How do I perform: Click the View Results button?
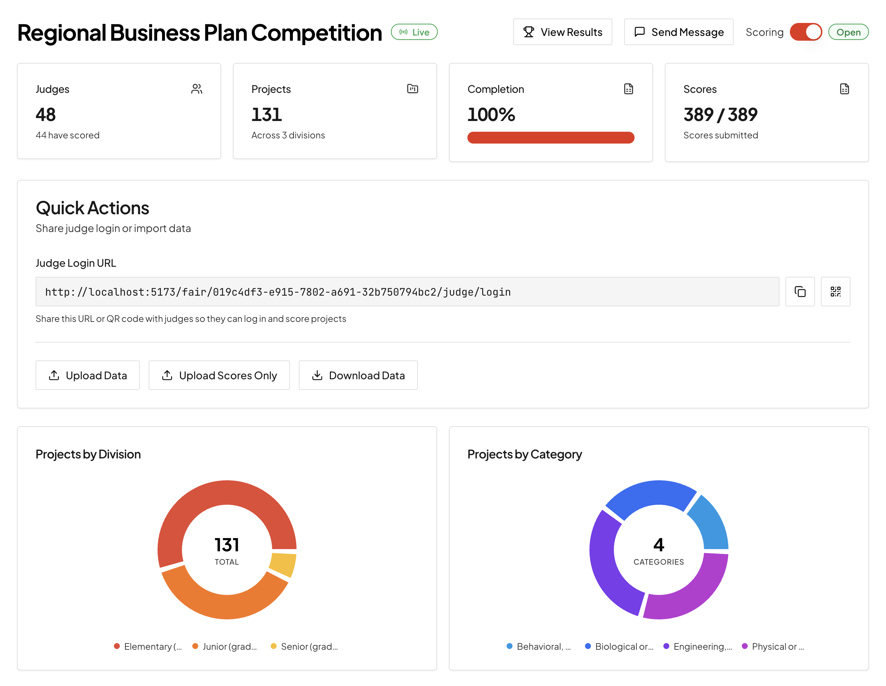[x=562, y=32]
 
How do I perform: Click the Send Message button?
[x=678, y=32]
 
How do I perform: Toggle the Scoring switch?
[x=805, y=32]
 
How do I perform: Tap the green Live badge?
[x=414, y=32]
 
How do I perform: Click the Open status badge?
[x=848, y=32]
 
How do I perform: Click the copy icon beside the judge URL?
[x=799, y=292]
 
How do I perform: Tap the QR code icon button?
[x=835, y=292]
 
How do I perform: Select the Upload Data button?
[x=88, y=375]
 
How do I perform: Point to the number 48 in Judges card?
[x=45, y=114]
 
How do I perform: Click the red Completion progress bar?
[x=551, y=138]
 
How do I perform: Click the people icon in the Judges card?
[x=197, y=89]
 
